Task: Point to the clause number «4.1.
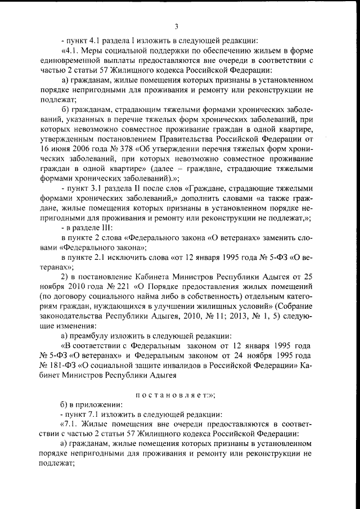coord(71,52)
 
